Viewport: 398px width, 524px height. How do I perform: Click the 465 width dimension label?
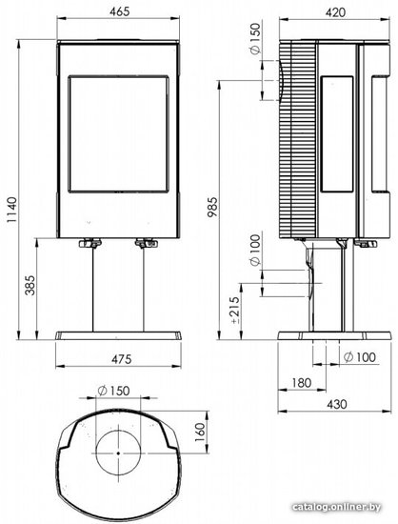(x=119, y=11)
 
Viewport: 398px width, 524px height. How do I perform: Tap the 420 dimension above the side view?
(x=335, y=12)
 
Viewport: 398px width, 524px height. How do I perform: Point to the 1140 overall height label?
(x=11, y=211)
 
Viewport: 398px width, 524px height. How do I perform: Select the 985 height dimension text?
(x=212, y=207)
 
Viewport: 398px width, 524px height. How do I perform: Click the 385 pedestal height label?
(x=30, y=285)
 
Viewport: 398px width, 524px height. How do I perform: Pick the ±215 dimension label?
(x=235, y=310)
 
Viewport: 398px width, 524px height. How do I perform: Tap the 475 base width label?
(x=122, y=359)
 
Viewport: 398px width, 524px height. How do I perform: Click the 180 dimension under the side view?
(x=302, y=383)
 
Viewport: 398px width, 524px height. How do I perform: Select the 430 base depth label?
(x=336, y=404)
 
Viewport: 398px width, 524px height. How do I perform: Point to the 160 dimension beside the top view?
(x=199, y=433)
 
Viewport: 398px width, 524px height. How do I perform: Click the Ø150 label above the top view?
(x=113, y=391)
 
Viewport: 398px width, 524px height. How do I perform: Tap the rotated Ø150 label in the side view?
(x=254, y=39)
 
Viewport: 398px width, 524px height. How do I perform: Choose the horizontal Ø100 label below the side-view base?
(x=360, y=357)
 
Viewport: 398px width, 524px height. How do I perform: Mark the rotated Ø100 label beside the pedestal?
(x=254, y=251)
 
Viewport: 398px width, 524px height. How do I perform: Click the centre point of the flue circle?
(x=118, y=453)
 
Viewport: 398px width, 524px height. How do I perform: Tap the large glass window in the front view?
(x=118, y=134)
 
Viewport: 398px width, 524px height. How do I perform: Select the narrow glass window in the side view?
(x=337, y=134)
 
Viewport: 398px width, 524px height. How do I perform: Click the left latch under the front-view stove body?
(x=90, y=243)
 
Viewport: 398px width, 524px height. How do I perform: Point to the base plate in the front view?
(x=118, y=336)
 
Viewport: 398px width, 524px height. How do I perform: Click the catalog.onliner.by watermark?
(x=336, y=507)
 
